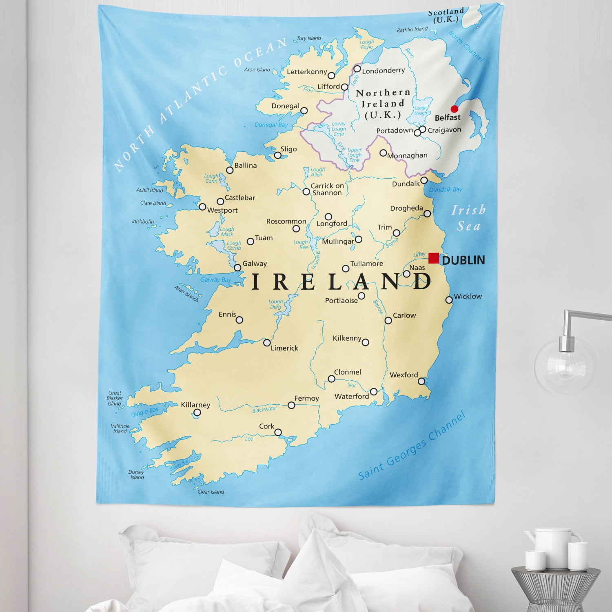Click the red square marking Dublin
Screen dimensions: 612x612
(434, 258)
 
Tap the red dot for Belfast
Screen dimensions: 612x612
(454, 109)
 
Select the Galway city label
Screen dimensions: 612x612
(255, 264)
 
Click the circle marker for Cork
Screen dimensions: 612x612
(278, 432)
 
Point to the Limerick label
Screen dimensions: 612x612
(284, 348)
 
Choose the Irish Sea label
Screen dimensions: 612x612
(468, 218)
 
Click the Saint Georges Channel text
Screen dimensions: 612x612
(412, 447)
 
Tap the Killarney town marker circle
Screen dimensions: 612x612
(197, 412)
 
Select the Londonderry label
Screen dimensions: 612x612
(383, 71)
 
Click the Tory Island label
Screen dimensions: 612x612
(309, 38)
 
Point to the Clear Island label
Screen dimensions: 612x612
(211, 492)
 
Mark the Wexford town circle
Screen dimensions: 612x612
(421, 381)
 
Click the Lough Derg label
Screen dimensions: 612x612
(275, 304)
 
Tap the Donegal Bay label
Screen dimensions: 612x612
(271, 125)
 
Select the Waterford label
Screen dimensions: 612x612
(352, 396)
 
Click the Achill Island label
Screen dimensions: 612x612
(149, 190)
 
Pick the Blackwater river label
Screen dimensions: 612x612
(264, 409)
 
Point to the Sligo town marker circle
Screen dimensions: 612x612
(278, 155)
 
